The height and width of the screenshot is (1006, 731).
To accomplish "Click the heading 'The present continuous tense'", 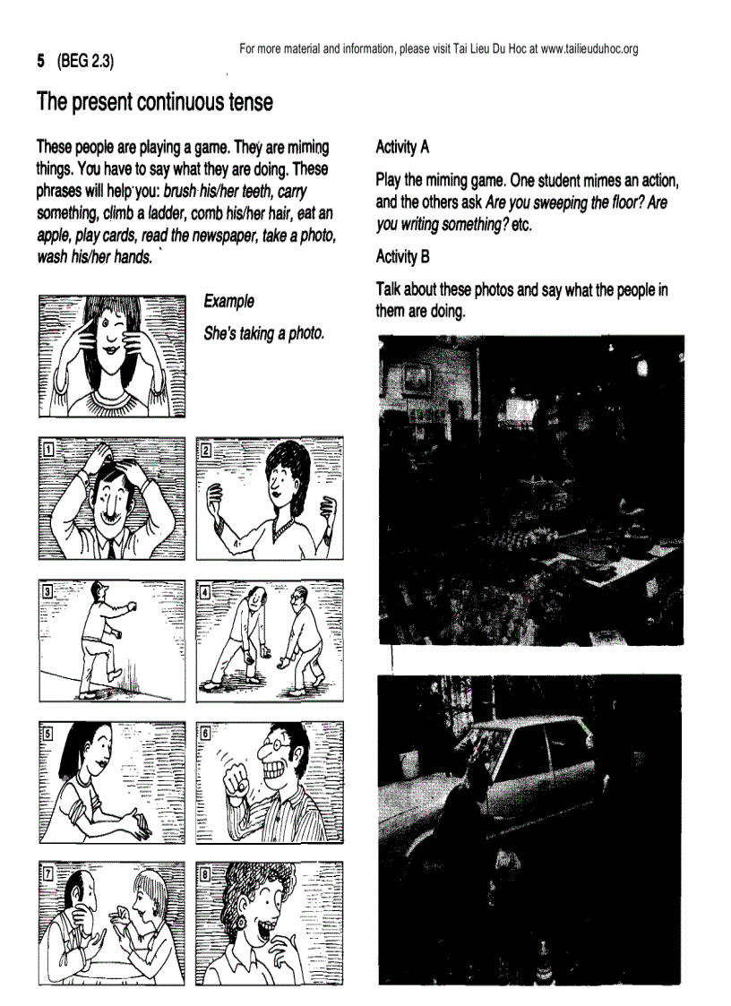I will click(154, 102).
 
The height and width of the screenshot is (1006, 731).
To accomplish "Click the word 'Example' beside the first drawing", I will click(228, 302).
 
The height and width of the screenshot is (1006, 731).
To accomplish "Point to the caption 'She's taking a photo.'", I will click(263, 333).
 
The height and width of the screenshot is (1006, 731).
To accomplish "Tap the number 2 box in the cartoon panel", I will click(205, 449).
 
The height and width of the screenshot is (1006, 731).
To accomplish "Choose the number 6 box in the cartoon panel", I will click(205, 731).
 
